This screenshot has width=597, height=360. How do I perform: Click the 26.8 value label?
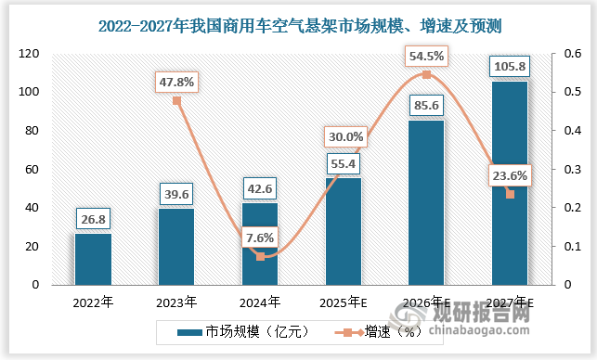pos(93,220)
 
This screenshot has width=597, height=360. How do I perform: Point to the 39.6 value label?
pos(176,195)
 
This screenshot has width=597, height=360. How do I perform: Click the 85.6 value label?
pos(426,107)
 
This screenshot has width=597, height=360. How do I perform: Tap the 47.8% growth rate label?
pos(176,82)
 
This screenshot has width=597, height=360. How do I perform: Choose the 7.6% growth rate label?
pos(260,238)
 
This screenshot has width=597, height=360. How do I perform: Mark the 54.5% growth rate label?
pos(426,56)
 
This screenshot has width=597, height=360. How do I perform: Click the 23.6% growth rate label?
pos(509,175)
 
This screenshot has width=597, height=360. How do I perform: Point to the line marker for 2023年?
pos(176,100)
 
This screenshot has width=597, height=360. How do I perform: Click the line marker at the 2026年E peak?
pos(426,74)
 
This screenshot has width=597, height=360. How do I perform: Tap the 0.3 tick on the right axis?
pos(563,170)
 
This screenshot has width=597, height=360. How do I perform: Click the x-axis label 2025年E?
pos(344,302)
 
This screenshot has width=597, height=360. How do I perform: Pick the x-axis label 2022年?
pos(93,302)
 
